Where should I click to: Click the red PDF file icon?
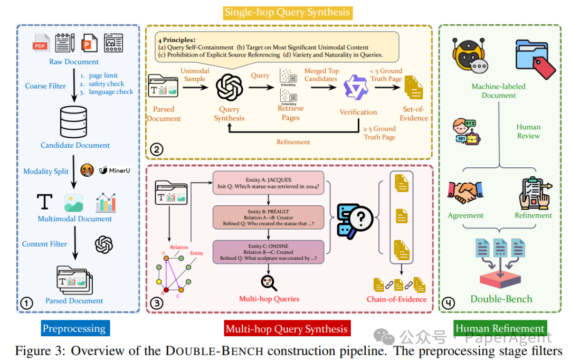[x=41, y=43]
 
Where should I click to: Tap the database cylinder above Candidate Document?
[x=73, y=122]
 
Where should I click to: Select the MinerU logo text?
[x=115, y=170]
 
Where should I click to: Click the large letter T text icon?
[x=45, y=202]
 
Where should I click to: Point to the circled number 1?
[x=26, y=303]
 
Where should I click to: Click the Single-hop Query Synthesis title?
[x=287, y=12]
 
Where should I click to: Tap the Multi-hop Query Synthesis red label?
[x=287, y=329]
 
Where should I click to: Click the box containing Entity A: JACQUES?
[x=268, y=183]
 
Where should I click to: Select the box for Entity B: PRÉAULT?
[x=268, y=217]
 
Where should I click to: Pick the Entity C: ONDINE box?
[x=268, y=252]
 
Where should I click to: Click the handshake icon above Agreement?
[x=465, y=192]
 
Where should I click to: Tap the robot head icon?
[x=469, y=55]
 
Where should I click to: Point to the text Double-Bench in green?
[x=501, y=299]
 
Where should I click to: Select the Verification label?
[x=358, y=112]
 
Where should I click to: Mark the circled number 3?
[x=157, y=303]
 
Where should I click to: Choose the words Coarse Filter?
[x=45, y=86]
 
